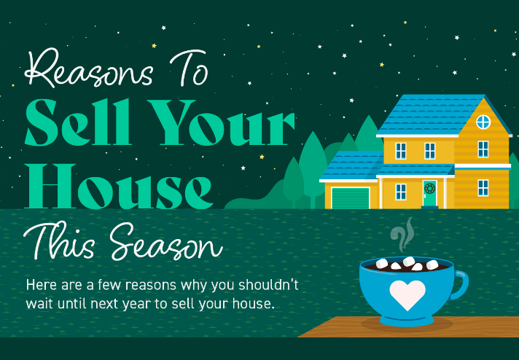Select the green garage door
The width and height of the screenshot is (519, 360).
pyautogui.click(x=351, y=197)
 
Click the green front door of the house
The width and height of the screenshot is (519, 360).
pyautogui.click(x=429, y=193)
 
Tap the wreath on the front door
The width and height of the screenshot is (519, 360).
pyautogui.click(x=429, y=189)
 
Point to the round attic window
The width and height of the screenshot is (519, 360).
pyautogui.click(x=483, y=121)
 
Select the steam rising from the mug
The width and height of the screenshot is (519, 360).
pyautogui.click(x=402, y=236)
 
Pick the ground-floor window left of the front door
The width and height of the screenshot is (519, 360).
pyautogui.click(x=401, y=192)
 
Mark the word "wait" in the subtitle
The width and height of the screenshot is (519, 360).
pyautogui.click(x=39, y=303)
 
